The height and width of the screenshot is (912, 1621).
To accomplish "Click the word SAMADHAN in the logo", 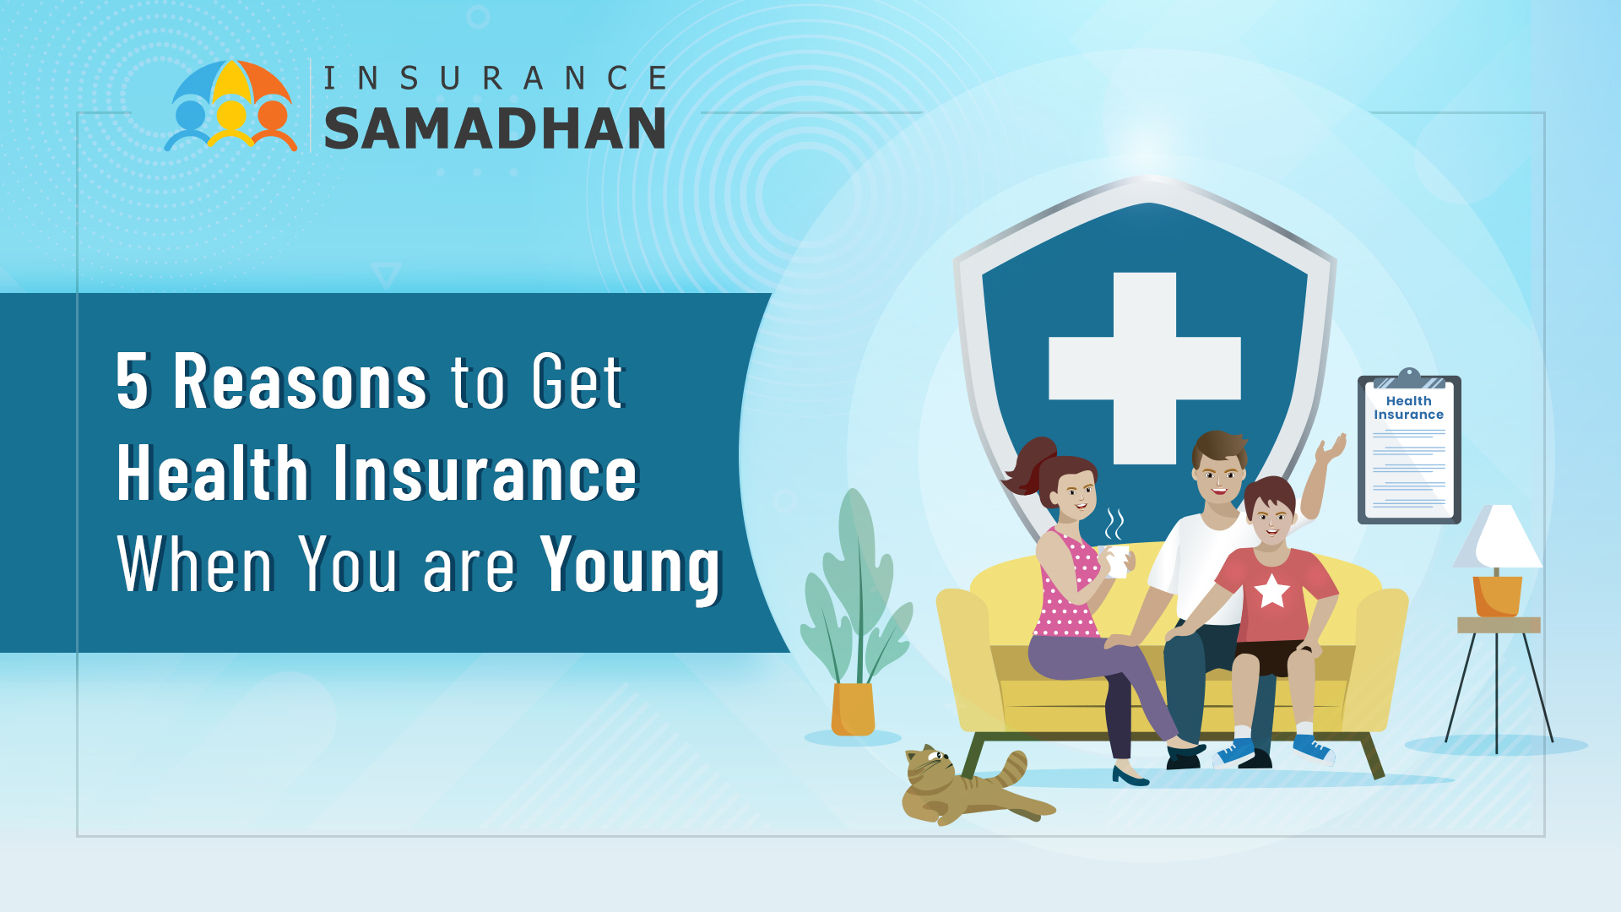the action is (x=495, y=128).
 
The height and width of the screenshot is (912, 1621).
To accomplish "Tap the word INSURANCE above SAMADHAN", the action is (x=496, y=78).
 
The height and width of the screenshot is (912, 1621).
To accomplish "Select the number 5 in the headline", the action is (x=133, y=381).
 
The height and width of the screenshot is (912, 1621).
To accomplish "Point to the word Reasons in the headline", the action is (x=301, y=381).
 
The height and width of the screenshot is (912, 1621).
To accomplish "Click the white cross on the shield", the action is (x=1145, y=368).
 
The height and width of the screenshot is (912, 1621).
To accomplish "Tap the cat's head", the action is (x=930, y=768).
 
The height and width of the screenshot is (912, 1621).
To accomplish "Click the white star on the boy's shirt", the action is (x=1271, y=590).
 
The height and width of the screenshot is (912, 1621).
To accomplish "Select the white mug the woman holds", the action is (x=1117, y=561).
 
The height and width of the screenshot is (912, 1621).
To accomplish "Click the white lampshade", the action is (x=1498, y=536).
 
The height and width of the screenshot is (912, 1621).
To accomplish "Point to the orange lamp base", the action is (x=1497, y=596).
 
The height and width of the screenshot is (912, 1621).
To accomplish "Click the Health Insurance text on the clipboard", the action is (x=1408, y=408).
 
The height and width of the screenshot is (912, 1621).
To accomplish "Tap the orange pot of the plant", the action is (x=853, y=709).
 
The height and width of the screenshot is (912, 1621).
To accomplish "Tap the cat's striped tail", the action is (x=1011, y=768).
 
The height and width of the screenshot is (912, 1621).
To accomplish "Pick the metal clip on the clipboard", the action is (x=1408, y=378).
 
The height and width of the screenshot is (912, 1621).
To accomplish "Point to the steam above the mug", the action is (x=1114, y=524).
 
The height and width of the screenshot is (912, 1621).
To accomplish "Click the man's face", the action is (x=1218, y=478).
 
